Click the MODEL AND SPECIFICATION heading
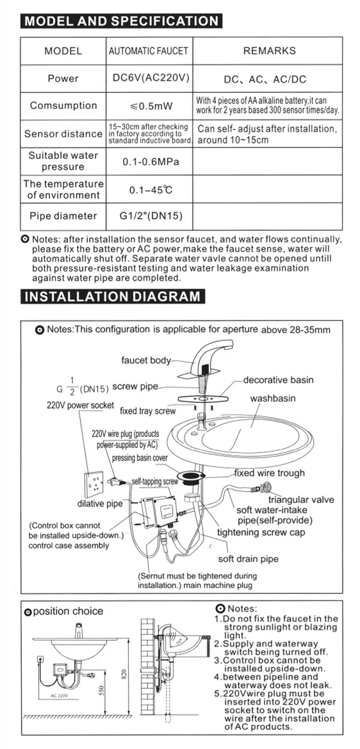[121, 22]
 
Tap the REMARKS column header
[269, 51]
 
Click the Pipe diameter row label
[63, 216]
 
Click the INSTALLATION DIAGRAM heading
[113, 296]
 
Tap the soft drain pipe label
[249, 559]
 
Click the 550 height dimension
[101, 690]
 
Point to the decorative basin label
[279, 380]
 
